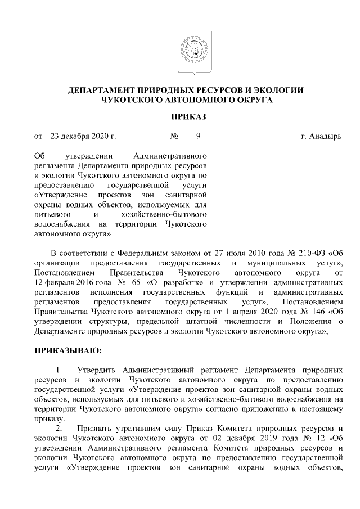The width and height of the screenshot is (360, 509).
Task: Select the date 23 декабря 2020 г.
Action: pyautogui.click(x=83, y=136)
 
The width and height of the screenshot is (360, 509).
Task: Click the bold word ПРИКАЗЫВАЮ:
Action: pyautogui.click(x=68, y=351)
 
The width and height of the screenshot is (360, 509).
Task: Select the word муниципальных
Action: pyautogui.click(x=272, y=263)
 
